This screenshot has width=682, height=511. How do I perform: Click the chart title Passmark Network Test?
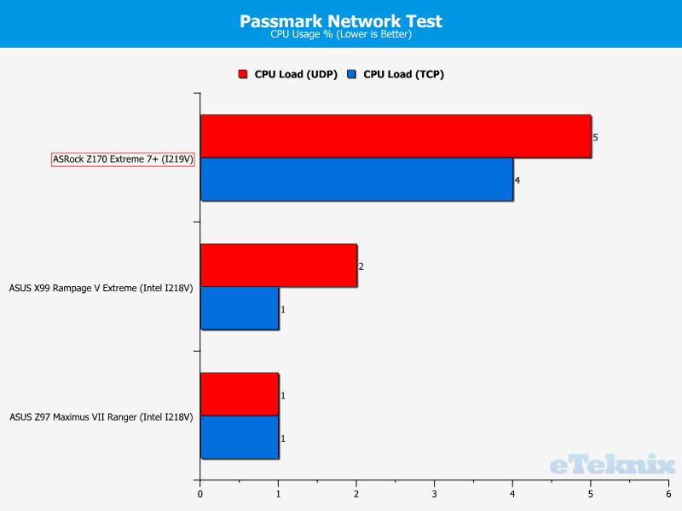(x=341, y=20)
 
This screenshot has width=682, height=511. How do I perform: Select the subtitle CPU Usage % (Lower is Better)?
(x=341, y=34)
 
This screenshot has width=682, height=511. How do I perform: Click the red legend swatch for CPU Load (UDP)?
(x=243, y=74)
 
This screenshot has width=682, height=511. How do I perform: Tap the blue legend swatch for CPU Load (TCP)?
(x=351, y=74)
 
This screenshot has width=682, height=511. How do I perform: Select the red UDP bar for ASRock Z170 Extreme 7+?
(x=396, y=136)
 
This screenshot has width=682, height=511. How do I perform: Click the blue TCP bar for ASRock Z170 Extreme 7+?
(x=356, y=179)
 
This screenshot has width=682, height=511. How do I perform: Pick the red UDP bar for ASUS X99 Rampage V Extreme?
(x=279, y=265)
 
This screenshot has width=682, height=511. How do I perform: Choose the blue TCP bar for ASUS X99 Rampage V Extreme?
(x=240, y=308)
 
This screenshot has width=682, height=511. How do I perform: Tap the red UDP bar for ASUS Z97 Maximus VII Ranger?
(x=240, y=394)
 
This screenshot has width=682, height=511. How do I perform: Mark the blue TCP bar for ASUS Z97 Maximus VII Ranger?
(x=240, y=437)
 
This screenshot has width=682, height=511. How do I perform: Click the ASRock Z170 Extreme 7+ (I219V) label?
(x=123, y=159)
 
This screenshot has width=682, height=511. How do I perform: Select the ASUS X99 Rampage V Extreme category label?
(x=101, y=288)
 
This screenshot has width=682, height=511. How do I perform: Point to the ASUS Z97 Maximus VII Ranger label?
(x=101, y=417)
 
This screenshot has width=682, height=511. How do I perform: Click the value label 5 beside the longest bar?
(x=595, y=137)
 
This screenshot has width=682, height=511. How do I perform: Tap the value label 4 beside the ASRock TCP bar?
(x=517, y=181)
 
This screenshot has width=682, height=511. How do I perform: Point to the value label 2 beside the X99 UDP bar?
(x=361, y=267)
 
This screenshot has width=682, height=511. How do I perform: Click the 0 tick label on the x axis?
(x=200, y=494)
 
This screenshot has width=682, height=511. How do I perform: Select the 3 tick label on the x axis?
(x=434, y=494)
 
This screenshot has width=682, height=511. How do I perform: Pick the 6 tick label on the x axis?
(x=668, y=494)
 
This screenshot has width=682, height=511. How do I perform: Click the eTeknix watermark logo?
(x=612, y=464)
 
